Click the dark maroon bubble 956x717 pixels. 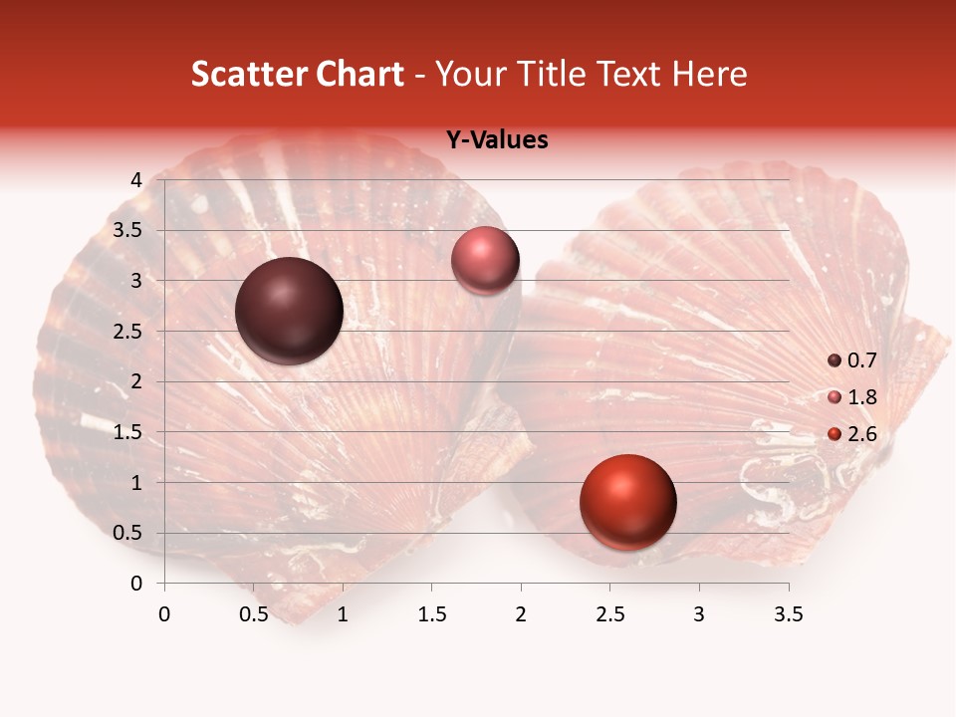(x=289, y=311)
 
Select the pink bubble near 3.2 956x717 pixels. (x=485, y=261)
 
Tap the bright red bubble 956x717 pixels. (x=627, y=503)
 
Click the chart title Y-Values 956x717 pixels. (x=497, y=139)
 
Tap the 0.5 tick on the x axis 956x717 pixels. (x=254, y=614)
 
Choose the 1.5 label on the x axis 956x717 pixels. (x=431, y=614)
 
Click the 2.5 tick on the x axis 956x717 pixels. (x=609, y=614)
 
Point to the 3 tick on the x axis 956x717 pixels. (x=699, y=614)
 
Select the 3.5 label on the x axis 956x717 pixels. (x=788, y=614)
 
